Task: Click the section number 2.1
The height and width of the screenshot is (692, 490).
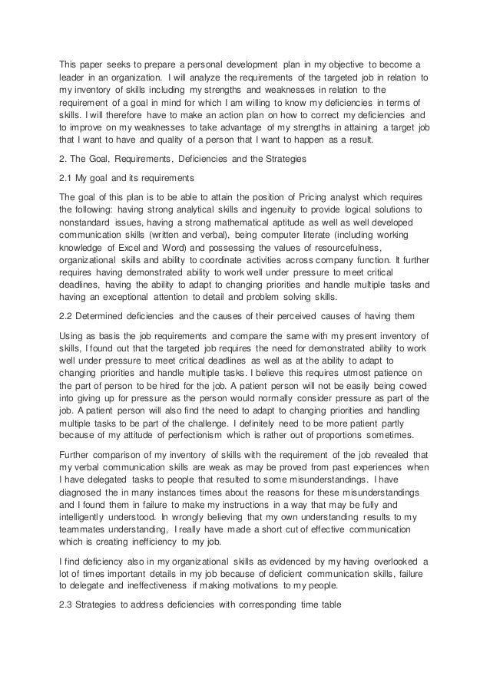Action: pos(68,177)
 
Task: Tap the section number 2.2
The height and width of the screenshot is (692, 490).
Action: pos(68,316)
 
